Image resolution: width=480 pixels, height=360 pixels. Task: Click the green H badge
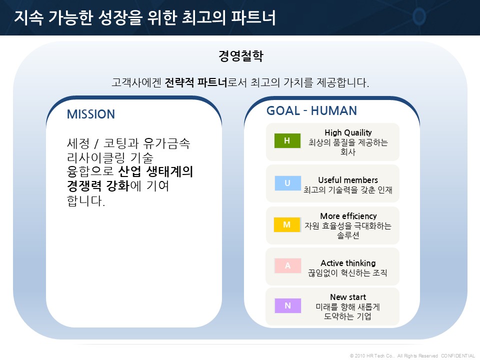[x=287, y=141]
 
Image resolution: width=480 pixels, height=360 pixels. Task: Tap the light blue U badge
[x=288, y=183]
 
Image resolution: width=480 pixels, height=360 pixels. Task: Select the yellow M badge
[x=287, y=224]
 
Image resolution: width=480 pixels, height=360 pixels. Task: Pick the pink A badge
[x=288, y=265]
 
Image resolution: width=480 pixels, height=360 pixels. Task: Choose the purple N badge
[x=288, y=305]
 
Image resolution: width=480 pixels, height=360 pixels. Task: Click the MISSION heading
[x=91, y=114]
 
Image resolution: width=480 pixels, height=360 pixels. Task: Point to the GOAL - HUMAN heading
[x=311, y=111]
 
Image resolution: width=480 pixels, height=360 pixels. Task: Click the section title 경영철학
[x=240, y=55]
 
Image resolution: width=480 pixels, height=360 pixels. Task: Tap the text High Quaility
[x=348, y=133]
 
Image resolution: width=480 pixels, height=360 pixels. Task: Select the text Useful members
[x=348, y=180]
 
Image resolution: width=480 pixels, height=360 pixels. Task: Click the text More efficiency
[x=348, y=216]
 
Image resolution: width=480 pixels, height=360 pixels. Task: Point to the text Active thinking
[x=348, y=263]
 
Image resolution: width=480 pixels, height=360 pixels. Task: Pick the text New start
[x=348, y=297]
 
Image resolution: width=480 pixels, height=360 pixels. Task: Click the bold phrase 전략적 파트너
[x=196, y=82]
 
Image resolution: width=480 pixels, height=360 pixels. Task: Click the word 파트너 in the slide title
[x=253, y=17]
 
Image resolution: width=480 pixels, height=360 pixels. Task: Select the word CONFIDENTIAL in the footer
[x=458, y=355]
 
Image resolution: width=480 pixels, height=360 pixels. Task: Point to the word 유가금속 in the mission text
[x=167, y=143]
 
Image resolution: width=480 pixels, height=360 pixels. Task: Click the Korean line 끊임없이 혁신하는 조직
[x=348, y=273]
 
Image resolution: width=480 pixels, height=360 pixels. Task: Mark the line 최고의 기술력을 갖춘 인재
[x=348, y=190]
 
